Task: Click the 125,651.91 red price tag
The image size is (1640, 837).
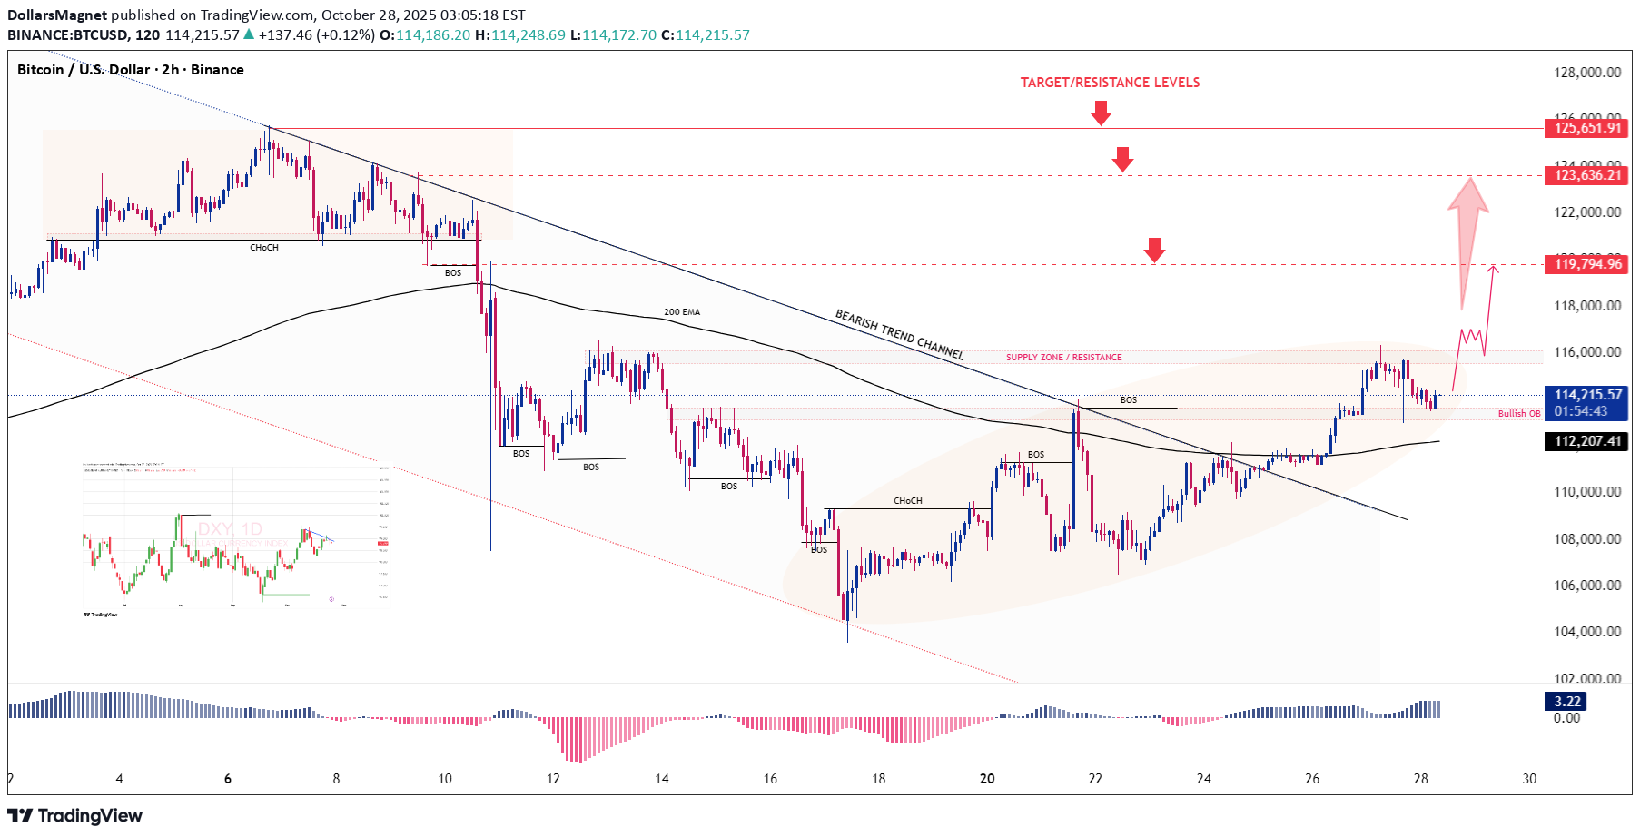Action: [x=1586, y=128]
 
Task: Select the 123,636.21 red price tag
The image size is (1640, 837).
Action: [x=1586, y=175]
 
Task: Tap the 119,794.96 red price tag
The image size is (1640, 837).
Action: [x=1586, y=264]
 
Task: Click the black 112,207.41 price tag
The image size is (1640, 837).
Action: [x=1586, y=441]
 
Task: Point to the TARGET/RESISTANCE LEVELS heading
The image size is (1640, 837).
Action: [x=1110, y=83]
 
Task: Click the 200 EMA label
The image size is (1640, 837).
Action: [x=681, y=312]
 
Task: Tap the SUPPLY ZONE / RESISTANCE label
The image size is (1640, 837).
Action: [x=1063, y=358]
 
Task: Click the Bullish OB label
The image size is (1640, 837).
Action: [x=1518, y=414]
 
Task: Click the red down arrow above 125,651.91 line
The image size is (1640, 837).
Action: [x=1101, y=113]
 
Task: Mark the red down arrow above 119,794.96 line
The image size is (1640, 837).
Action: [x=1154, y=250]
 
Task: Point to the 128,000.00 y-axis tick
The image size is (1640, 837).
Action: [x=1586, y=73]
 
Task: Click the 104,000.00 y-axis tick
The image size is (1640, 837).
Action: [x=1586, y=632]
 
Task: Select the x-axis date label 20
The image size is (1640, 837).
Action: [x=987, y=779]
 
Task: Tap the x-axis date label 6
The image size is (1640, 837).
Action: [x=228, y=779]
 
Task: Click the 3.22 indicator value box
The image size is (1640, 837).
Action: [x=1567, y=701]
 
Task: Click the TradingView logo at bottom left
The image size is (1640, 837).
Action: [x=75, y=815]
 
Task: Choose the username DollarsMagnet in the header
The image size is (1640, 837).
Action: [x=57, y=15]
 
